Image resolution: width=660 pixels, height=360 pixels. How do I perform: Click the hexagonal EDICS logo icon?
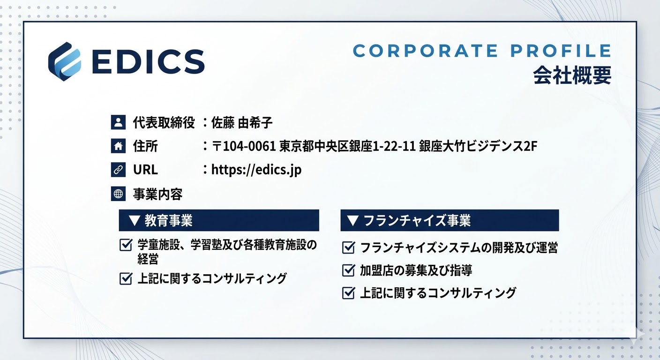pyautogui.click(x=65, y=61)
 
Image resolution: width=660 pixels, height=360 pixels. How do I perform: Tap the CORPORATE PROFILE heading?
pyautogui.click(x=482, y=51)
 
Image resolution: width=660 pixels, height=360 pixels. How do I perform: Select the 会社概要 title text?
pyautogui.click(x=572, y=75)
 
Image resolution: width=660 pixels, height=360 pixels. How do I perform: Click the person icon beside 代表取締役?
pyautogui.click(x=118, y=123)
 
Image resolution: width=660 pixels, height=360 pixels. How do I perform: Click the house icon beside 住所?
pyautogui.click(x=118, y=146)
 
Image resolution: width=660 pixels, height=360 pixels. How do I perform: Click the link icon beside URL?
pyautogui.click(x=118, y=170)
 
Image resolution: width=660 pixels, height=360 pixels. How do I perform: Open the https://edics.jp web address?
pyautogui.click(x=256, y=170)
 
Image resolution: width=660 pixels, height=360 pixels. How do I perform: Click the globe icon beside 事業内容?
pyautogui.click(x=118, y=194)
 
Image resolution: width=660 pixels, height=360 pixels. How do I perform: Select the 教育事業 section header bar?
pyautogui.click(x=219, y=220)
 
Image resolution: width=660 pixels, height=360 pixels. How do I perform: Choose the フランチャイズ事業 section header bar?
pyautogui.click(x=450, y=220)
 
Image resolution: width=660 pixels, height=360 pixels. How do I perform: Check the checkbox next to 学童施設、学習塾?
pyautogui.click(x=126, y=245)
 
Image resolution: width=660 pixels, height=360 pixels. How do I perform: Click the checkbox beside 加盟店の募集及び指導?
pyautogui.click(x=348, y=270)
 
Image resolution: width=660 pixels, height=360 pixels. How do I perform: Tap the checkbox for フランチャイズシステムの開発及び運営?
pyautogui.click(x=348, y=247)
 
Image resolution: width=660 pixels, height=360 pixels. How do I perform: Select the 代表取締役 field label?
pyautogui.click(x=164, y=123)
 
